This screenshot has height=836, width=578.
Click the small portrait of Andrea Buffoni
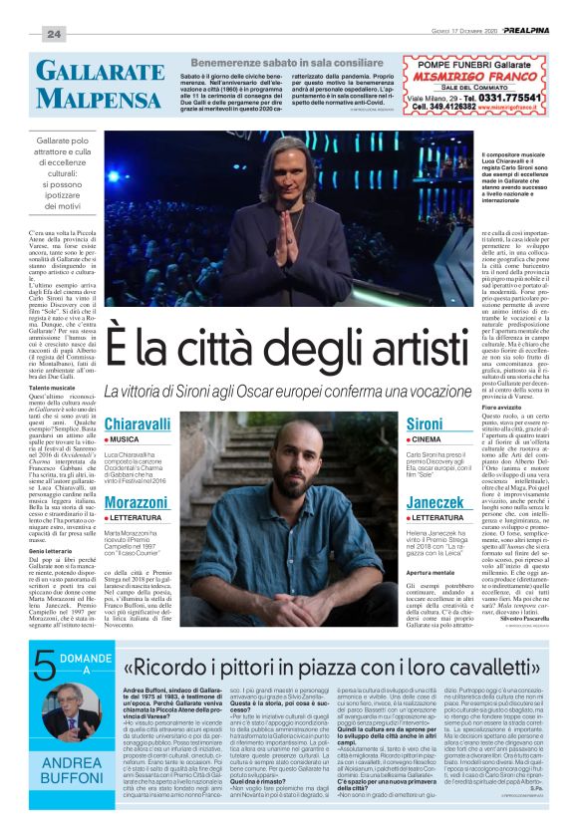[62, 709]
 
